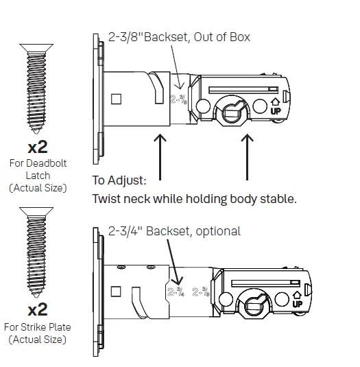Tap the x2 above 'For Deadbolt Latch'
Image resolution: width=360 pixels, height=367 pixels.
pos(38,147)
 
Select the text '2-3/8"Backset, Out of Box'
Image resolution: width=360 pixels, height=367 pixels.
pos(179,37)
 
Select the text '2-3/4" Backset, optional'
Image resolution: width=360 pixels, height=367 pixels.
pos(174,231)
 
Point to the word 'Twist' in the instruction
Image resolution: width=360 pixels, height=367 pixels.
pos(108,200)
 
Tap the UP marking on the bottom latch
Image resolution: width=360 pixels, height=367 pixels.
pos(298,302)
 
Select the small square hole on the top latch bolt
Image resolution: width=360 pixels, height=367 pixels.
pos(116,99)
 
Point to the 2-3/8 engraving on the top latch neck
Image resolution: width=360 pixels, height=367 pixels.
pos(177,102)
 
